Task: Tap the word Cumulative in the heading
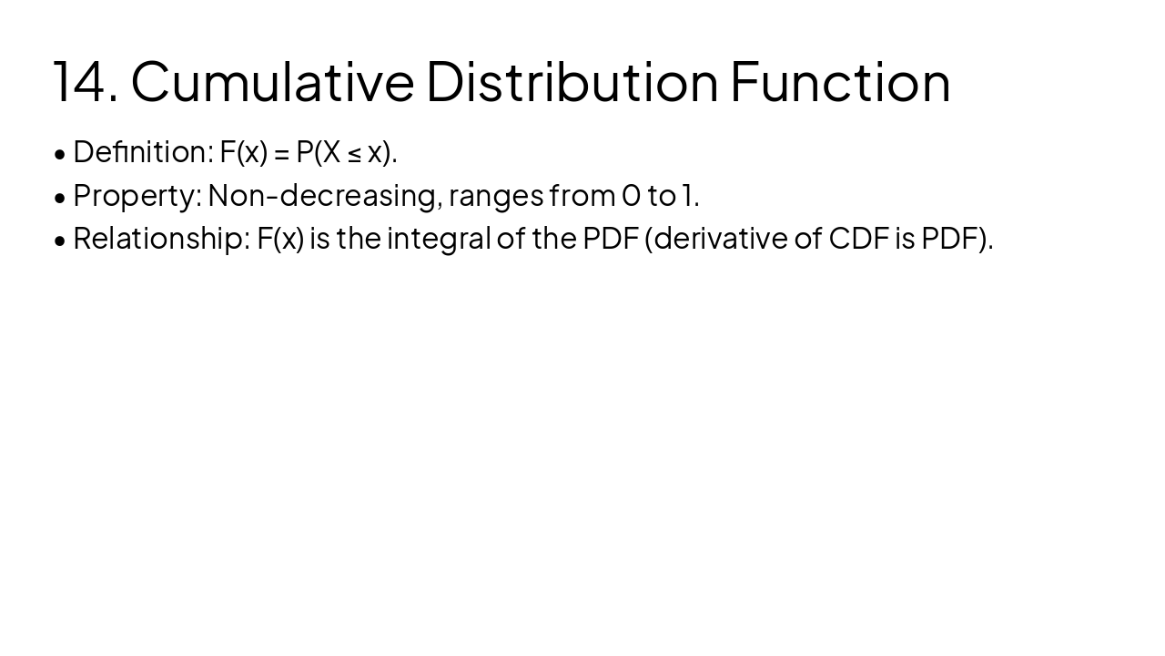(x=272, y=82)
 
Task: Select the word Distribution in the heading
(x=572, y=82)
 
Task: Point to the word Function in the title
(x=840, y=82)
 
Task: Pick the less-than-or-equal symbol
(x=354, y=153)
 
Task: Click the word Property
(x=137, y=196)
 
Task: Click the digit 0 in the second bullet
(x=631, y=196)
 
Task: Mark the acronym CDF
(x=858, y=239)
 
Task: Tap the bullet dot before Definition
(x=60, y=154)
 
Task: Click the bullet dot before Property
(x=60, y=197)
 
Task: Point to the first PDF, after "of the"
(x=610, y=239)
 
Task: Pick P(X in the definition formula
(x=318, y=152)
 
